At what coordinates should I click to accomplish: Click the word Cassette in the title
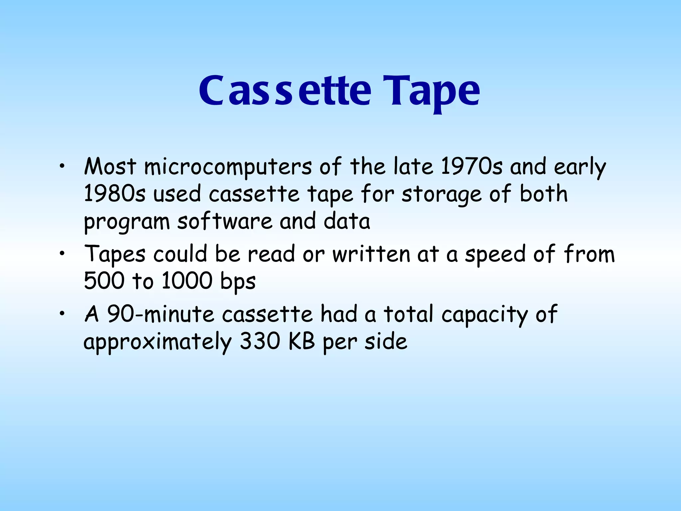285,90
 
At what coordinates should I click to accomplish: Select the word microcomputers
227,167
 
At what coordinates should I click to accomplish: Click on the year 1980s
114,194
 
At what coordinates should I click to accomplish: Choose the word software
225,221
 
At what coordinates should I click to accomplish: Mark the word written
371,254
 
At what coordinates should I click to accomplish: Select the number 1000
187,281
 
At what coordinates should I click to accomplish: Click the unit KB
302,341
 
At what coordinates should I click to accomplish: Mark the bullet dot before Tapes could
62,255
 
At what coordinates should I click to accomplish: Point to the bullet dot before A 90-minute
62,314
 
